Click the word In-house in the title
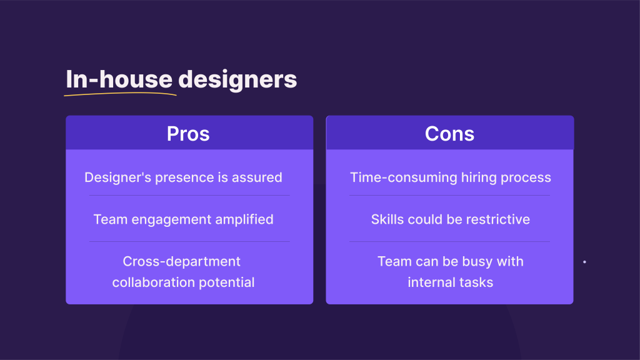[119, 79]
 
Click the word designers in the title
[237, 79]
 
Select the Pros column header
[188, 133]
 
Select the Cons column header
[449, 133]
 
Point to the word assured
[257, 177]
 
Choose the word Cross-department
[181, 261]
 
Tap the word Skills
[387, 219]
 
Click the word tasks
[478, 282]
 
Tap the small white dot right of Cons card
[584, 262]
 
